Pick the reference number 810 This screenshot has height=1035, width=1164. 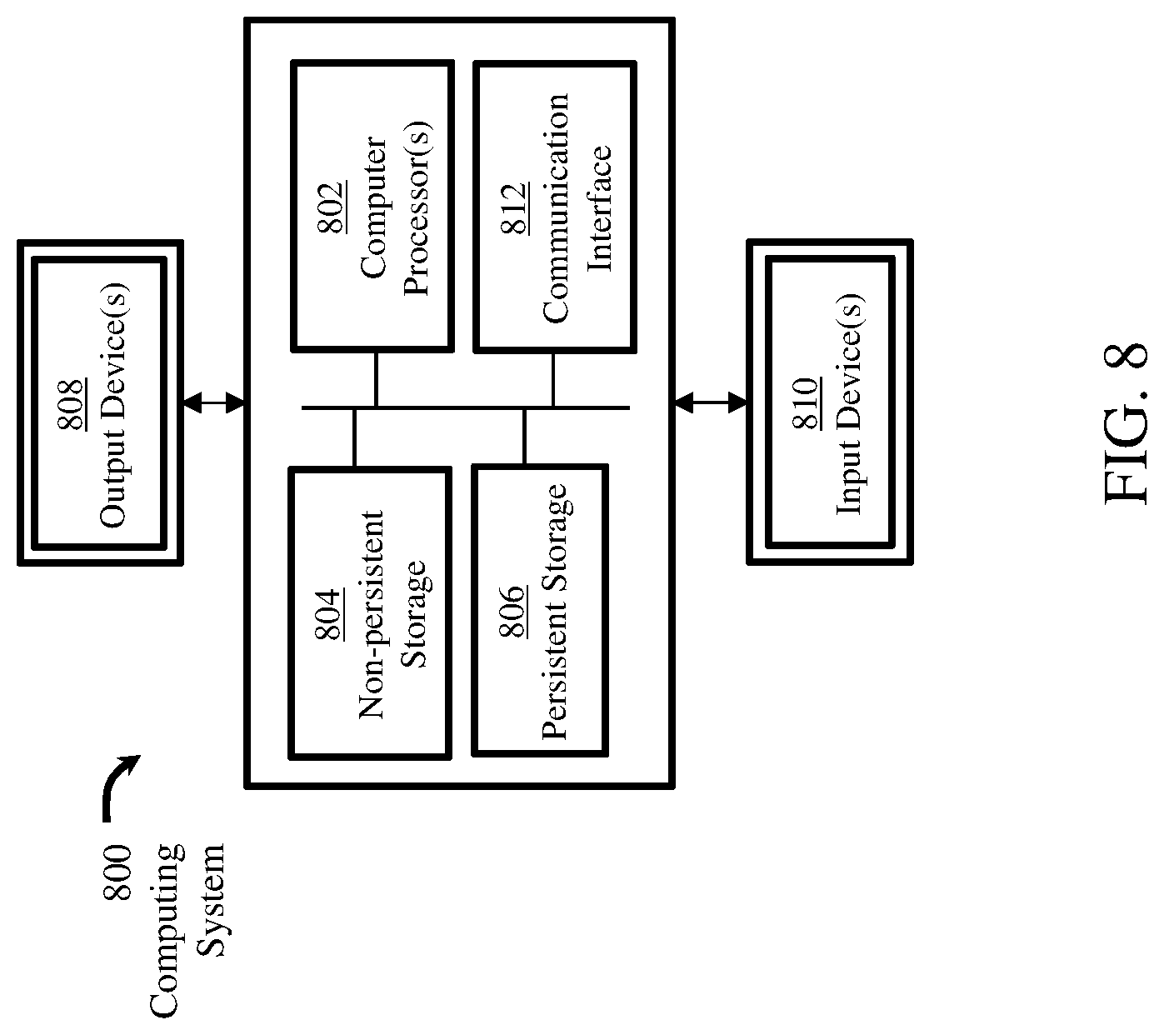pos(806,403)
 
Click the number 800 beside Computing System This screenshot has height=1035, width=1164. pos(117,871)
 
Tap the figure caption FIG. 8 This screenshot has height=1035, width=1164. pos(1126,424)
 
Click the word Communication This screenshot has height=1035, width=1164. pos(556,208)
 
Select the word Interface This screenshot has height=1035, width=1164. pos(598,208)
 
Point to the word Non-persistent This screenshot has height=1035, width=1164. pos(371,615)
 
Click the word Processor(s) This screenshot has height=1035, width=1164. pos(417,208)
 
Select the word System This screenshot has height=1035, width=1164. pos(209,900)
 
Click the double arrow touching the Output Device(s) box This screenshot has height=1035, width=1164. pos(214,402)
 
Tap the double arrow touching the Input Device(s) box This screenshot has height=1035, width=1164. pos(711,402)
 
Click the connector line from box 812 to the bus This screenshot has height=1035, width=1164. pos(552,380)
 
